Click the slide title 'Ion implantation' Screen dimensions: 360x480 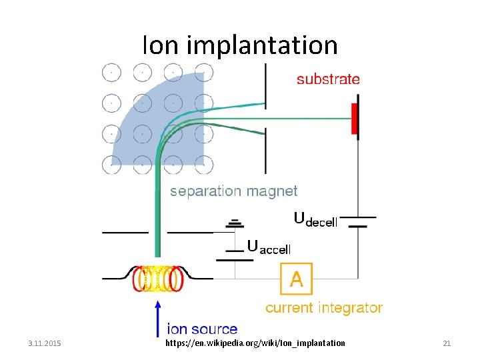(x=240, y=45)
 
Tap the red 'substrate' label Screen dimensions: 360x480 (x=328, y=79)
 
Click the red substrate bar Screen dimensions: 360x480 (x=356, y=117)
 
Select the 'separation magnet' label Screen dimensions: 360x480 (x=233, y=191)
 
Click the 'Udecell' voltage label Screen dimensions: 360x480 (x=315, y=219)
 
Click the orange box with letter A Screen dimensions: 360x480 (x=296, y=279)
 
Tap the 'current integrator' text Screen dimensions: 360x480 (x=324, y=307)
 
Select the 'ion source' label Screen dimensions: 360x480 (x=202, y=329)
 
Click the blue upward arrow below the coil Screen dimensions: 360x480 (x=157, y=317)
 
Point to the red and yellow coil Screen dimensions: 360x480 (x=157, y=279)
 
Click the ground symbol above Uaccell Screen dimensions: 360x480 (x=233, y=224)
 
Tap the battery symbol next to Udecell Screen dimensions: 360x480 (x=358, y=221)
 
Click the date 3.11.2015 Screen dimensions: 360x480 (x=45, y=343)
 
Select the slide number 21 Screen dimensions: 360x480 (x=447, y=343)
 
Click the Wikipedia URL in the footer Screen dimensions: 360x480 (x=255, y=343)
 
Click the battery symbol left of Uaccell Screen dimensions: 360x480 (x=233, y=254)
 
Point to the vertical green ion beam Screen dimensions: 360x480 (x=157, y=213)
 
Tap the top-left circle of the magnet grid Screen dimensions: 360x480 (x=111, y=71)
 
